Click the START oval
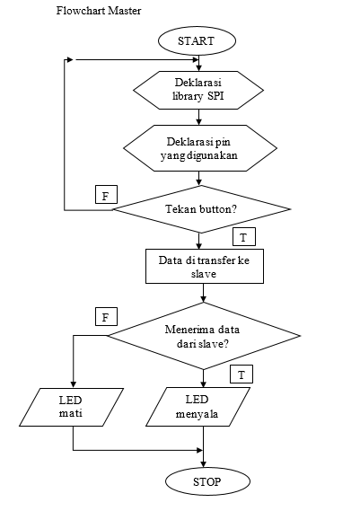pyautogui.click(x=197, y=40)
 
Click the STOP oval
pyautogui.click(x=207, y=481)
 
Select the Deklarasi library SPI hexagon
pyautogui.click(x=198, y=90)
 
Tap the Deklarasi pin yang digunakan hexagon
pyautogui.click(x=200, y=148)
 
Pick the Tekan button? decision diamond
pyautogui.click(x=201, y=209)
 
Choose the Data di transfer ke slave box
pyautogui.click(x=205, y=267)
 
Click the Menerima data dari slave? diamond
pyautogui.click(x=204, y=336)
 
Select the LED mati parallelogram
pyautogui.click(x=71, y=407)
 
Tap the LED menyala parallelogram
pyautogui.click(x=198, y=407)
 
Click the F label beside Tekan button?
pyautogui.click(x=106, y=194)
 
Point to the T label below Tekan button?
pyautogui.click(x=244, y=236)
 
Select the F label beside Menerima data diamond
pyautogui.click(x=106, y=317)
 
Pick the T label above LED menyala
pyautogui.click(x=241, y=375)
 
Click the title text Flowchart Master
pyautogui.click(x=99, y=11)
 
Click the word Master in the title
pyautogui.click(x=126, y=11)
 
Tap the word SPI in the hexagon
pyautogui.click(x=215, y=96)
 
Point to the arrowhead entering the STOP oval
pyautogui.click(x=203, y=464)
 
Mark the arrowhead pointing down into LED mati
pyautogui.click(x=74, y=384)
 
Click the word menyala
pyautogui.click(x=197, y=414)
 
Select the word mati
pyautogui.click(x=71, y=413)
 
